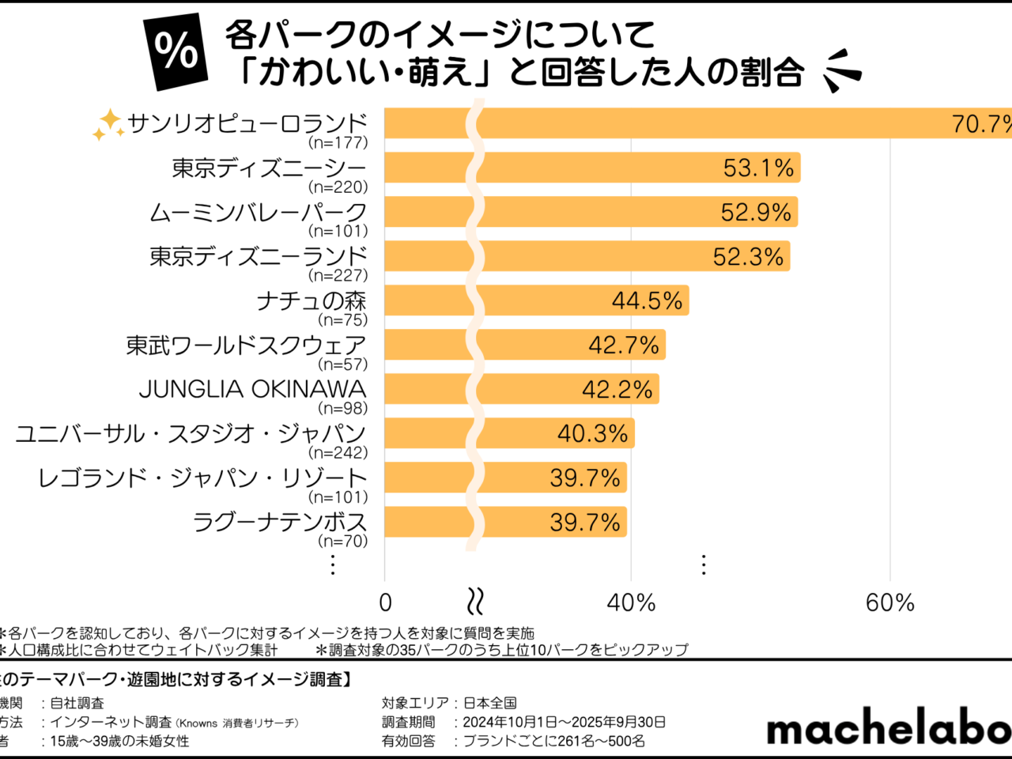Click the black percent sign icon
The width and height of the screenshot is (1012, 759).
coord(176,51)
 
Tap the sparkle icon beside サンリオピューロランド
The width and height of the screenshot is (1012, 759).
coord(108,125)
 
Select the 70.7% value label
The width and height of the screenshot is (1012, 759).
coord(981,124)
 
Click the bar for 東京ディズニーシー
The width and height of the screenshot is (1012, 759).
coord(593,168)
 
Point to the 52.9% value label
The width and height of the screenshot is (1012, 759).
coord(756,212)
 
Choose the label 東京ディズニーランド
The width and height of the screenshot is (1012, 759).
coord(259,256)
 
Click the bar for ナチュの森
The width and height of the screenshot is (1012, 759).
coord(538,300)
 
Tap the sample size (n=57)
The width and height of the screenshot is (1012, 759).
coord(342,364)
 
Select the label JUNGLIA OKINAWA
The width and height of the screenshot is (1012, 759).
coord(252,389)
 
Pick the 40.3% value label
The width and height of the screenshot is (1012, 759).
coord(592,433)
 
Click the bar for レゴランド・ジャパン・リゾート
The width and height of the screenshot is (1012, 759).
coord(506,478)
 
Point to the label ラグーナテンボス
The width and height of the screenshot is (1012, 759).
coord(280,522)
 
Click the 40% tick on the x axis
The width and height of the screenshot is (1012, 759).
coord(631,603)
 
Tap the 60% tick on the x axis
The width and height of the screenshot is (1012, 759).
coord(890,603)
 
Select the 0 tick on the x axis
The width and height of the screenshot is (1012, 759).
coord(386,603)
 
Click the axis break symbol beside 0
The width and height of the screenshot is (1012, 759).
coord(475,602)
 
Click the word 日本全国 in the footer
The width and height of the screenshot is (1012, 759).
coord(489,703)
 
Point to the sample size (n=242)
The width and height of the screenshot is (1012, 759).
coord(338,453)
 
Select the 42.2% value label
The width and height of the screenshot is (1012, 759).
coord(617,389)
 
